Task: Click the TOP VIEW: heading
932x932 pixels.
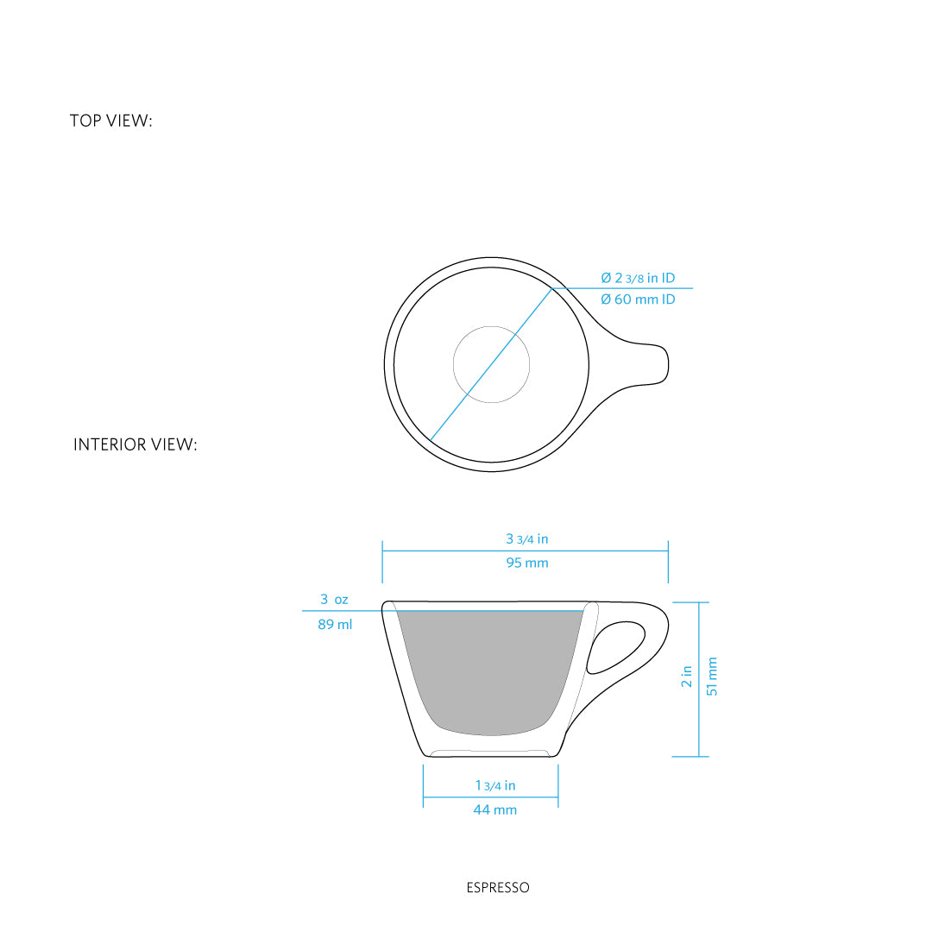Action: coord(110,121)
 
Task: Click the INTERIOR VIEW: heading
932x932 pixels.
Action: coord(135,445)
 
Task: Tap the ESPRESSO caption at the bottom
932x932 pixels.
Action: coord(497,887)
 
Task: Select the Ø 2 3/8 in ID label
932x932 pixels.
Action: coord(638,278)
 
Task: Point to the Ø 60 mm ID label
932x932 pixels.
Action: coord(638,299)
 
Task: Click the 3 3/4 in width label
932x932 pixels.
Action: coord(526,539)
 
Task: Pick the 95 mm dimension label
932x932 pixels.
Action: coord(526,564)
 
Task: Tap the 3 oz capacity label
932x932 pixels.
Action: coord(334,599)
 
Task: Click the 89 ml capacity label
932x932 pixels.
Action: coord(335,624)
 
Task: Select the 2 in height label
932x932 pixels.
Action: coord(687,676)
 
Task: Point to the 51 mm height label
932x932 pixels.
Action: coord(712,676)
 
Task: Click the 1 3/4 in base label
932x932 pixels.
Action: coord(494,785)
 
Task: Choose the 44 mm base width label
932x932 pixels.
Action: coord(494,810)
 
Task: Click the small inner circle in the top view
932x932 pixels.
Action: coord(492,365)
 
